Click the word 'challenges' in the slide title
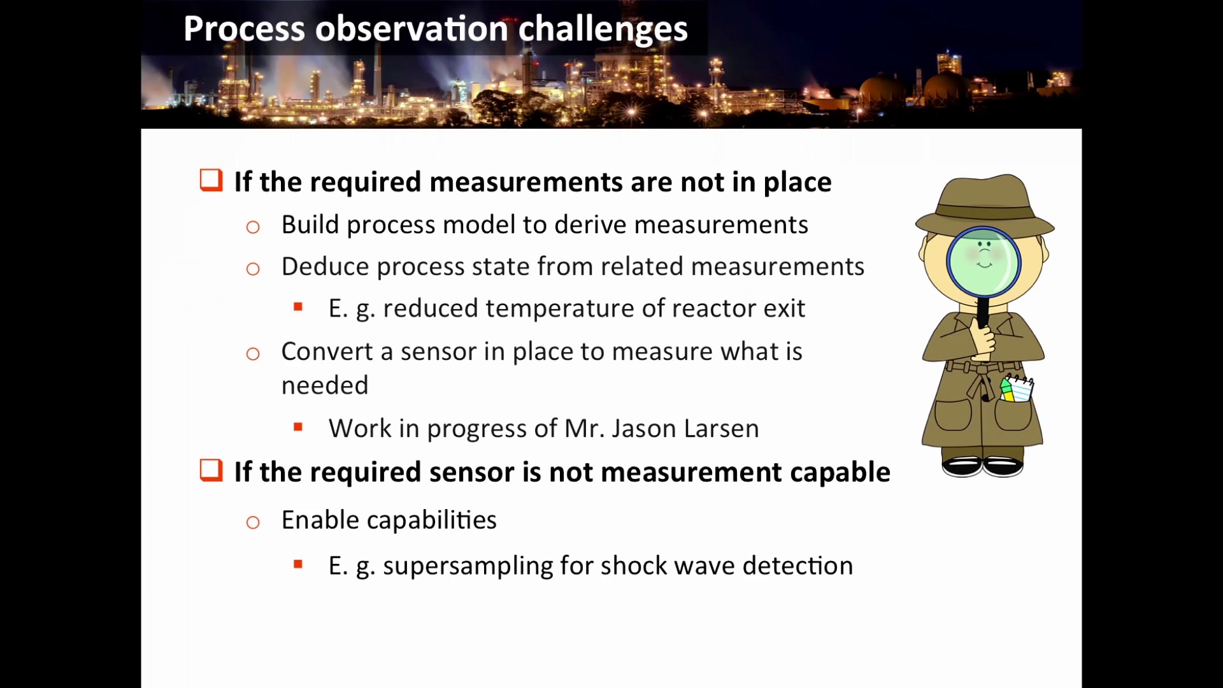(603, 29)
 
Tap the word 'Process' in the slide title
(244, 29)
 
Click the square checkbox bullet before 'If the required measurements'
(211, 180)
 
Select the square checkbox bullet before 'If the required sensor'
(211, 470)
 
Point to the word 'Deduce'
(325, 266)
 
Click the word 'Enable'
(320, 520)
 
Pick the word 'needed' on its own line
(325, 385)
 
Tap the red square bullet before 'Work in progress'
(298, 427)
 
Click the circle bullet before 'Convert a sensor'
(253, 354)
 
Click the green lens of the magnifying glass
(983, 262)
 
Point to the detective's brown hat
(985, 205)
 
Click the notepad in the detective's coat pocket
(1017, 389)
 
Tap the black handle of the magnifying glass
(983, 312)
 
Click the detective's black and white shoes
(983, 466)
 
